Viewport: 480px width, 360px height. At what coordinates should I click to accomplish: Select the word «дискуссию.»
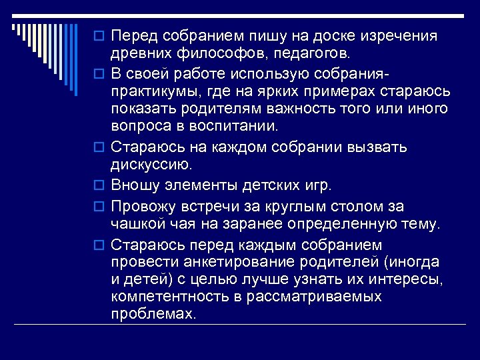[153, 163]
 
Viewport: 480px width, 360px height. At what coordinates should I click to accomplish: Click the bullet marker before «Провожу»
[100, 207]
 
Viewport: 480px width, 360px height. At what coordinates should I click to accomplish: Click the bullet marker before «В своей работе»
[100, 72]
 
